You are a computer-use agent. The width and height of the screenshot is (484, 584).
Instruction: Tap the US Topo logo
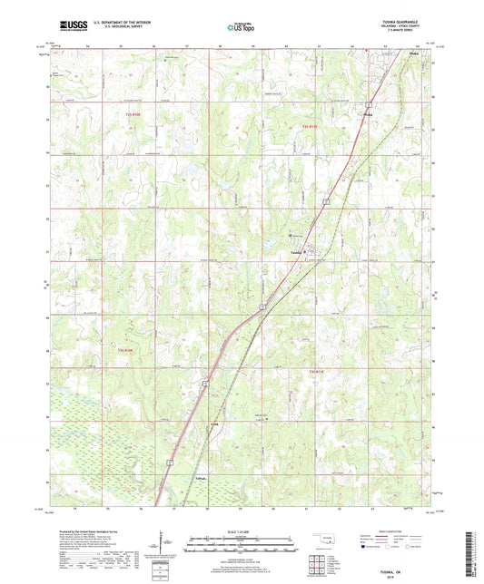coord(240,28)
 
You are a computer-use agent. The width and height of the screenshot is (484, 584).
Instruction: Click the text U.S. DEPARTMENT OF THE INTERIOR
coord(123,24)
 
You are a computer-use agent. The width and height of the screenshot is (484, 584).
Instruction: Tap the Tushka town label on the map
coord(295,252)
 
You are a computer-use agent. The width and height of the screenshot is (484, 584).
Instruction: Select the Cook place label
coord(215,423)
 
